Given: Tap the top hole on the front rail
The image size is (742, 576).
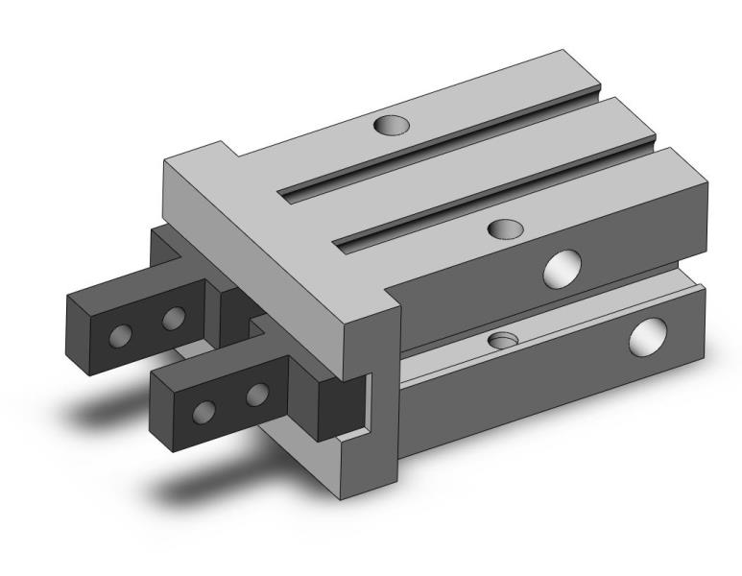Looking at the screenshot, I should point(505,228).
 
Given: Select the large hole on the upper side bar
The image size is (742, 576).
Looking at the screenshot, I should point(562,269).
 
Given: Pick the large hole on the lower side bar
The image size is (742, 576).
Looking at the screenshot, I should point(646,337).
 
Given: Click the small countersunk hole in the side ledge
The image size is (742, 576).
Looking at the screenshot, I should point(502,340).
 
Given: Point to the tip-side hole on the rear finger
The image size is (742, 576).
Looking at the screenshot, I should point(121,335).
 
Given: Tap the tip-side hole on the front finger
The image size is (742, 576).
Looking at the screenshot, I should point(203,412).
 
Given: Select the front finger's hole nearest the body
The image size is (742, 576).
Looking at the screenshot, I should point(256,394).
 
